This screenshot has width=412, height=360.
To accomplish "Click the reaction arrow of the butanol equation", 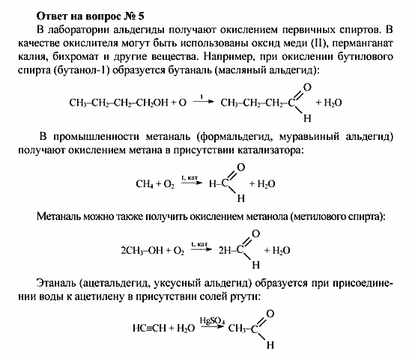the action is click(201, 103).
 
